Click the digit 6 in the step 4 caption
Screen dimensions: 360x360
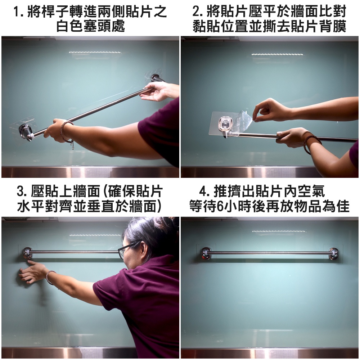click(220, 206)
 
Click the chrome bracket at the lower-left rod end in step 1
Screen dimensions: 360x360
click(25, 132)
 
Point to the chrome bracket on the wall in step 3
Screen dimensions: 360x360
click(27, 253)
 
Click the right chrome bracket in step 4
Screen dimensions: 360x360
click(333, 253)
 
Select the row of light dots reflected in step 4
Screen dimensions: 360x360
click(279, 231)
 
